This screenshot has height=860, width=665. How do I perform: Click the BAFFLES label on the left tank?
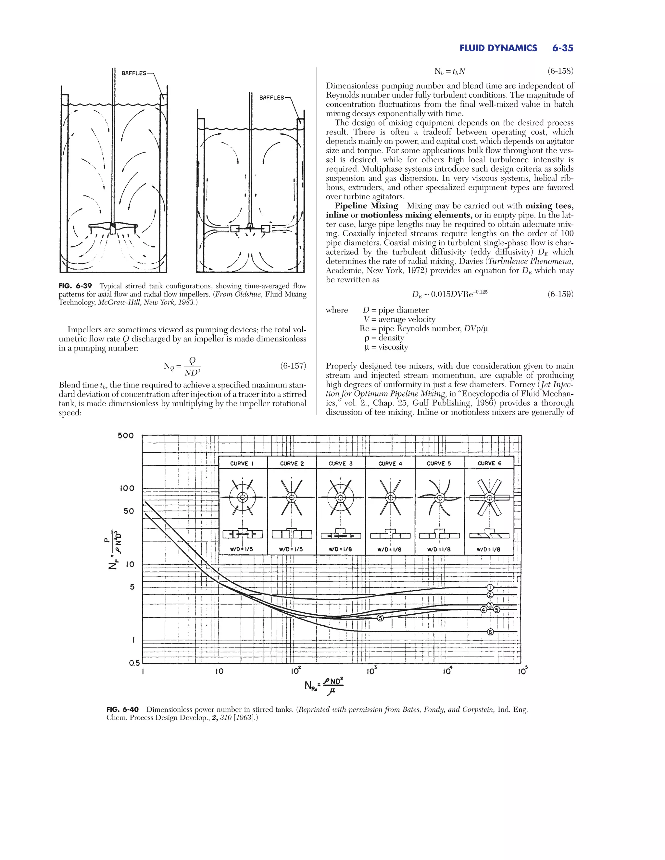click(x=134, y=73)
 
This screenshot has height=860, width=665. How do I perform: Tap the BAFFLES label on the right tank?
click(x=271, y=97)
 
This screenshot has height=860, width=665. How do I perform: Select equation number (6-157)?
click(x=293, y=366)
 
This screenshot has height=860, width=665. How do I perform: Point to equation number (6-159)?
click(x=560, y=294)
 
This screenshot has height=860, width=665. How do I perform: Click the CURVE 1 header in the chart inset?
click(x=242, y=463)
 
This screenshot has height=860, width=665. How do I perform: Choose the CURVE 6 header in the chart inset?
click(x=489, y=463)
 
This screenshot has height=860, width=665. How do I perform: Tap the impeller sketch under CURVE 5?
click(x=439, y=498)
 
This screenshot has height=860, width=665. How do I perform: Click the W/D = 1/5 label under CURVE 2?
click(x=292, y=549)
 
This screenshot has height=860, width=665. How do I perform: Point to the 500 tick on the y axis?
click(x=126, y=436)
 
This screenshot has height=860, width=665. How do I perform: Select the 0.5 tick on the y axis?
click(x=134, y=663)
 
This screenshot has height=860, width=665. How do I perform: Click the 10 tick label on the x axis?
click(x=219, y=671)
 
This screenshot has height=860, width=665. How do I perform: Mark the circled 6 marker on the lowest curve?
click(x=490, y=632)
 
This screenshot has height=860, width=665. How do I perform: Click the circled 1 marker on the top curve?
click(x=491, y=587)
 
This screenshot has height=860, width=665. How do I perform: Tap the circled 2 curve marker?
click(x=490, y=595)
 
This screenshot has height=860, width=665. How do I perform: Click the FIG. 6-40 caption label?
click(x=122, y=709)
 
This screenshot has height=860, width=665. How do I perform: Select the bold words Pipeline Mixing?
click(x=366, y=206)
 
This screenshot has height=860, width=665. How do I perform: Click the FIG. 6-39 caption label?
click(x=75, y=286)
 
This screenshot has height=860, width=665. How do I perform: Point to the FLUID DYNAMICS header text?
click(x=498, y=48)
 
